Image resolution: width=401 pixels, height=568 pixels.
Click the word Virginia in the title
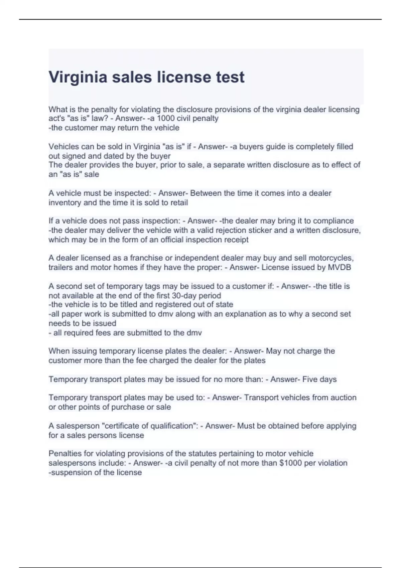click(78, 77)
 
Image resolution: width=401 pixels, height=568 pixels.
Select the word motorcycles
click(331, 258)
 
